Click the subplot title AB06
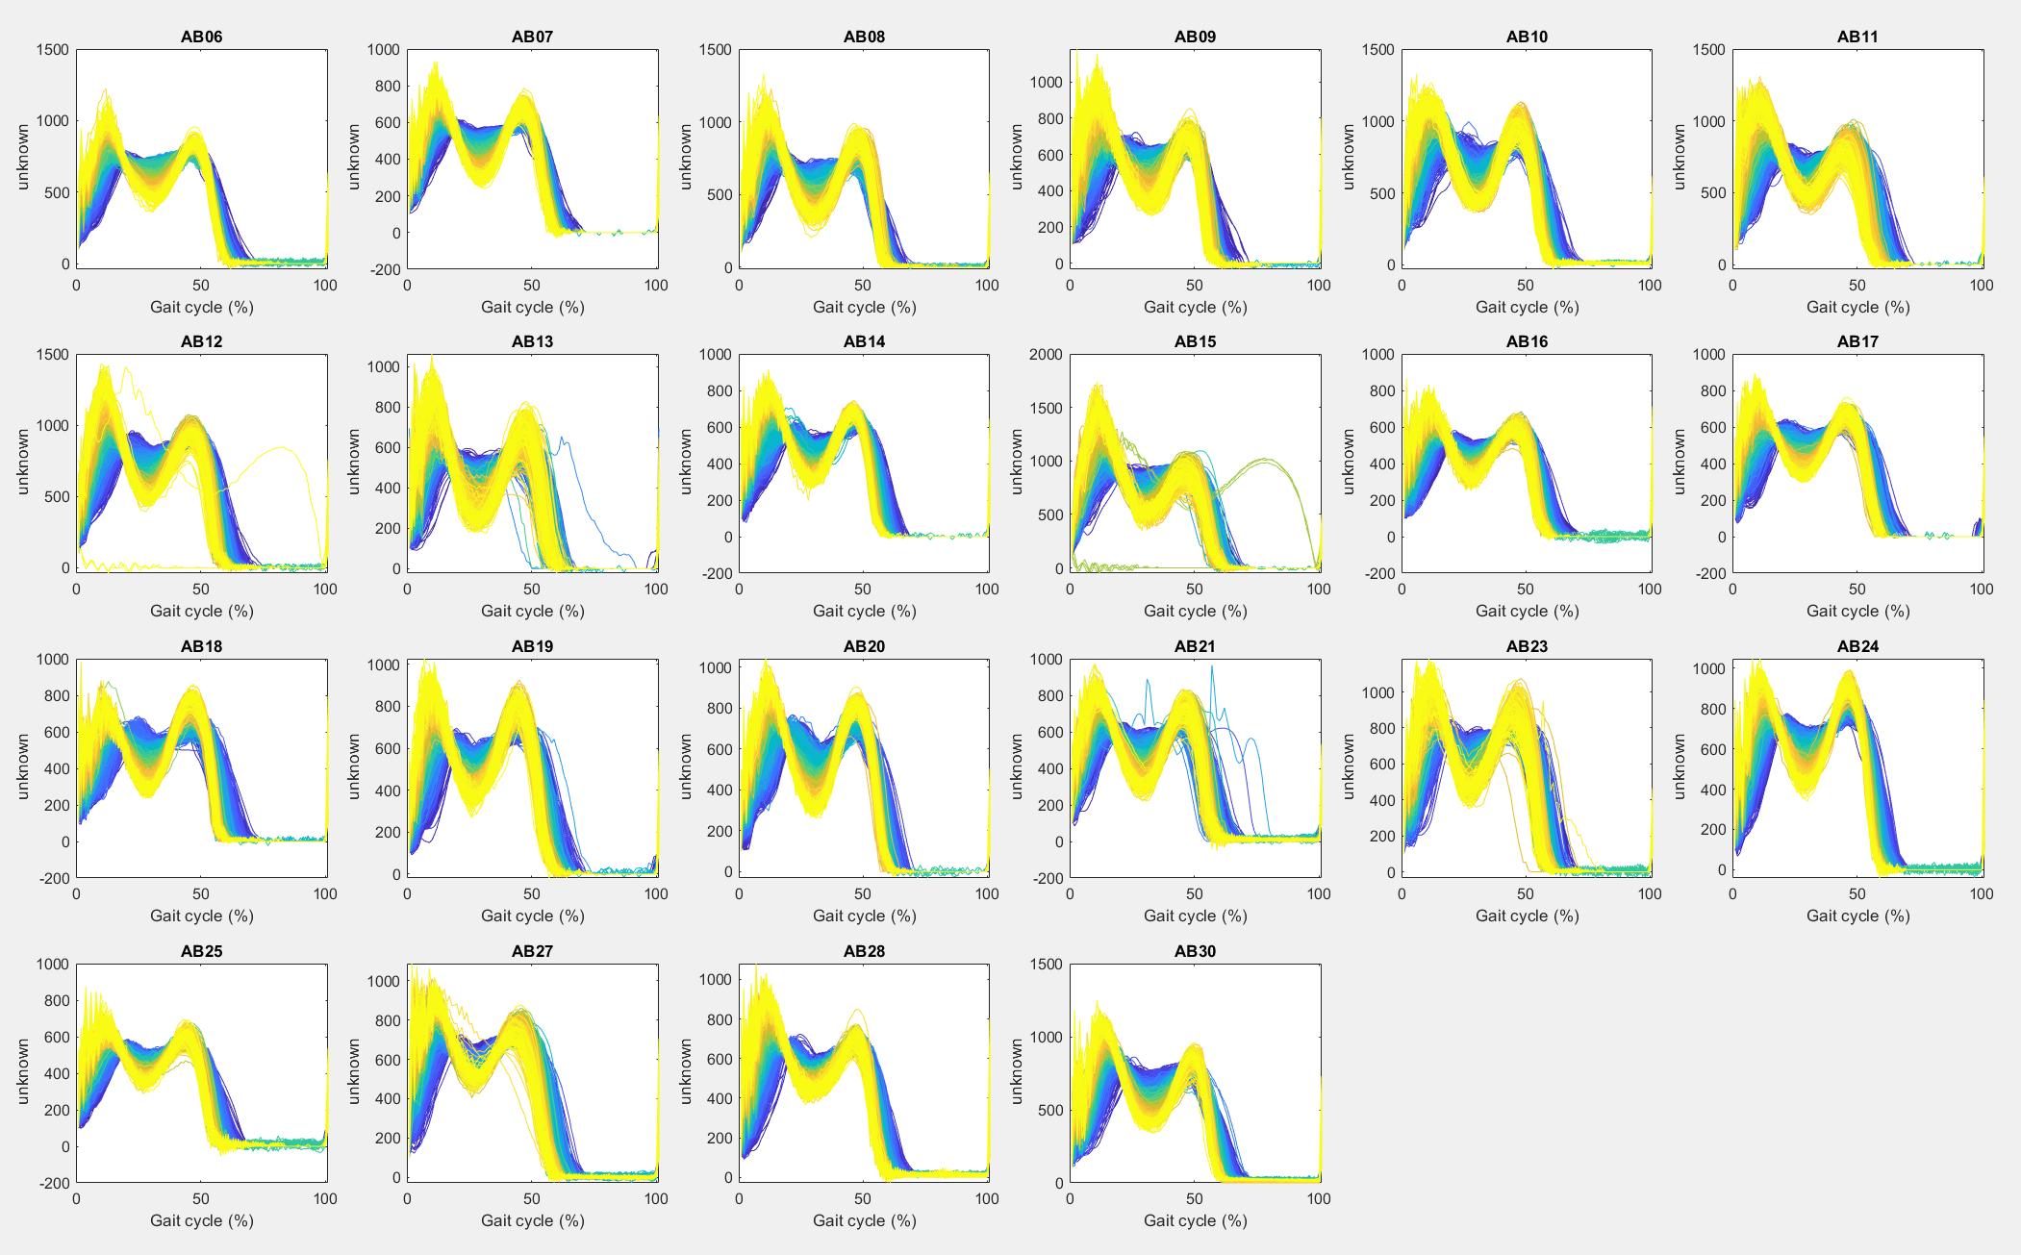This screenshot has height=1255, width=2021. click(x=201, y=37)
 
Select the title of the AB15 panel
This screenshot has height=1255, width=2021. click(x=1195, y=341)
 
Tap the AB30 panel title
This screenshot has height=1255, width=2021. click(x=1195, y=951)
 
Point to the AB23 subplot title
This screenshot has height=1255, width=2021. click(x=1527, y=646)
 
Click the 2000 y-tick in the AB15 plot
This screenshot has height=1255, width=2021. click(x=1046, y=355)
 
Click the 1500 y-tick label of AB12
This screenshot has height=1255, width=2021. click(x=52, y=355)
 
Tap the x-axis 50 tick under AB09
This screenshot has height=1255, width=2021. click(x=1194, y=285)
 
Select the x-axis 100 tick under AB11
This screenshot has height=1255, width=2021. click(x=1982, y=285)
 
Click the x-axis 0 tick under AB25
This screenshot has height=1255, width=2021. click(x=76, y=1198)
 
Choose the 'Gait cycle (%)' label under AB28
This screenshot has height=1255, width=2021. click(x=864, y=1220)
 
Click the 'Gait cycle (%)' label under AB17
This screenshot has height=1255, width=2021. click(x=1857, y=611)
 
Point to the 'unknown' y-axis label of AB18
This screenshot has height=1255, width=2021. click(x=23, y=766)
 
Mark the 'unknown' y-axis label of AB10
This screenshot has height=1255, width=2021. click(x=1349, y=157)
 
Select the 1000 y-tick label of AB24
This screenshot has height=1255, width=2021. click(x=1708, y=669)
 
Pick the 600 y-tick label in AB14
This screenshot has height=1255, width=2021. click(x=715, y=427)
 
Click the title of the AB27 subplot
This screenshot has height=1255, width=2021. click(x=532, y=951)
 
